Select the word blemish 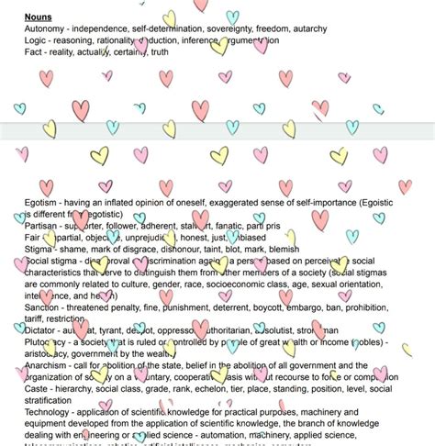pos(280,249)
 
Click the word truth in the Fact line pos(159,52)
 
